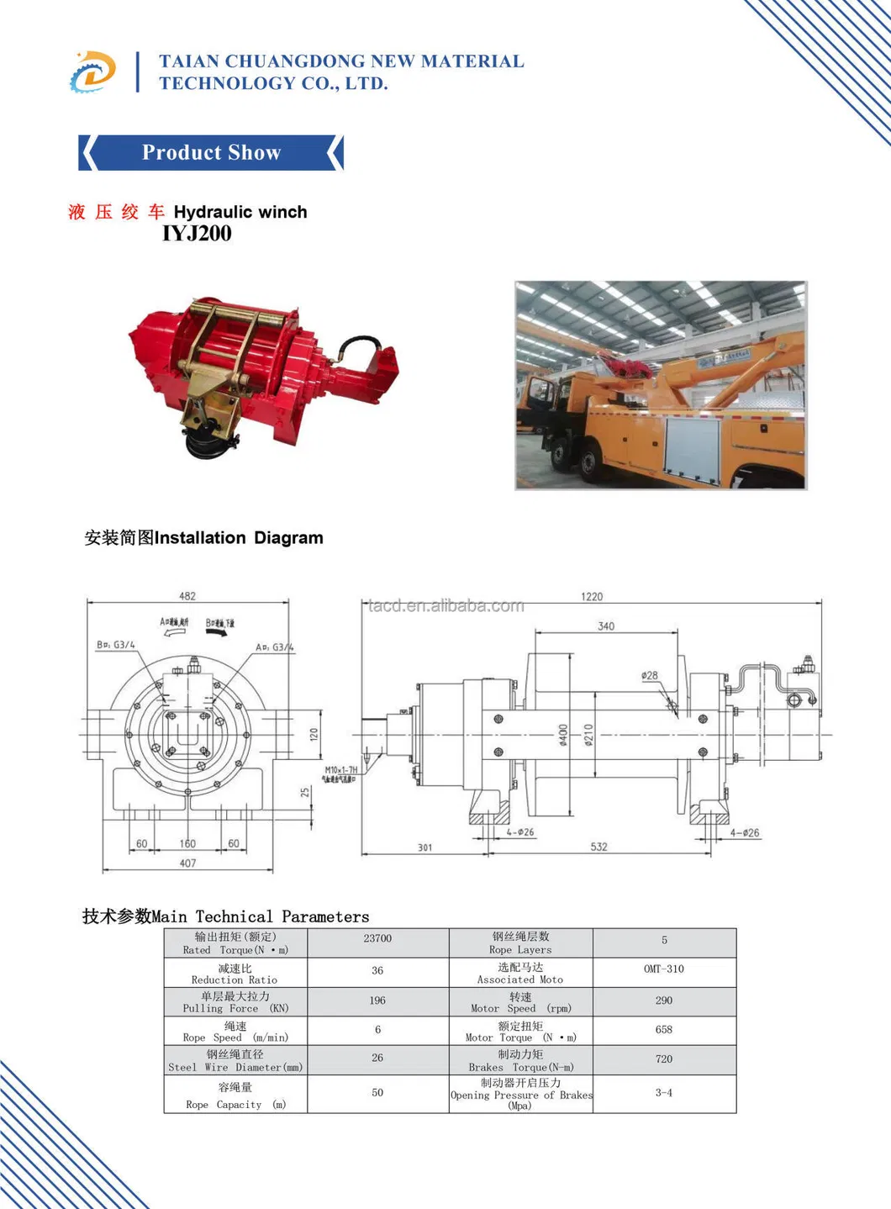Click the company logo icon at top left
point(92,71)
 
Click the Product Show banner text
point(211,153)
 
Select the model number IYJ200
point(197,234)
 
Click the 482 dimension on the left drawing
point(187,596)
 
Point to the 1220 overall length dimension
point(592,596)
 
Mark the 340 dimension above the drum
point(606,626)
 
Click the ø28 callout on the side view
point(650,675)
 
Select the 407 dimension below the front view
point(188,863)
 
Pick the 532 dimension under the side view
point(598,847)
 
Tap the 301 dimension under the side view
point(425,847)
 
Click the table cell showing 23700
point(377,938)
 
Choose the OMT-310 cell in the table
point(664,969)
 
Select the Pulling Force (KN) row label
point(235,1002)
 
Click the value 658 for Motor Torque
point(664,1030)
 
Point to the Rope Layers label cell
point(520,942)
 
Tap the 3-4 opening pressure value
point(664,1093)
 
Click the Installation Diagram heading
point(203,538)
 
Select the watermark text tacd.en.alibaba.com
point(446,605)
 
